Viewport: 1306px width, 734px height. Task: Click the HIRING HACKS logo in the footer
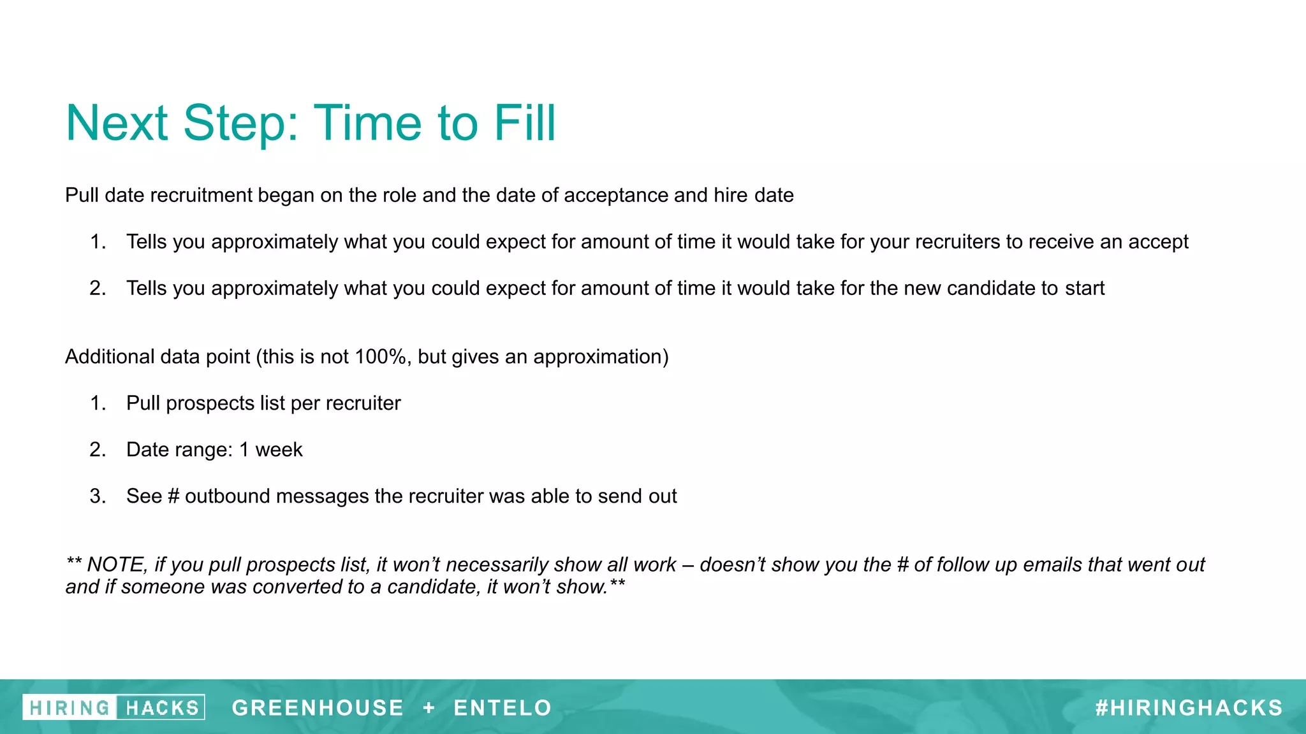pyautogui.click(x=114, y=707)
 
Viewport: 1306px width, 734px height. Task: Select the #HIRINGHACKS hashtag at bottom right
pyautogui.click(x=1189, y=708)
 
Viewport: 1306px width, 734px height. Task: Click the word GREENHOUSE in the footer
pyautogui.click(x=318, y=708)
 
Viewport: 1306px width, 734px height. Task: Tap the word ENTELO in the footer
pyautogui.click(x=503, y=708)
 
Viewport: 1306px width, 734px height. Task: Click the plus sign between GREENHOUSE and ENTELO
pyautogui.click(x=429, y=708)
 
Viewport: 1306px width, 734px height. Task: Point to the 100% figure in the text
pyautogui.click(x=381, y=356)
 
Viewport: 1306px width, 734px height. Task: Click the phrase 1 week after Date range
pyautogui.click(x=270, y=450)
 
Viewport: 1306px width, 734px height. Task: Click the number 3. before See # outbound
pyautogui.click(x=97, y=496)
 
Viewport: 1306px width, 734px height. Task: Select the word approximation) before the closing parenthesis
pyautogui.click(x=601, y=357)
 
